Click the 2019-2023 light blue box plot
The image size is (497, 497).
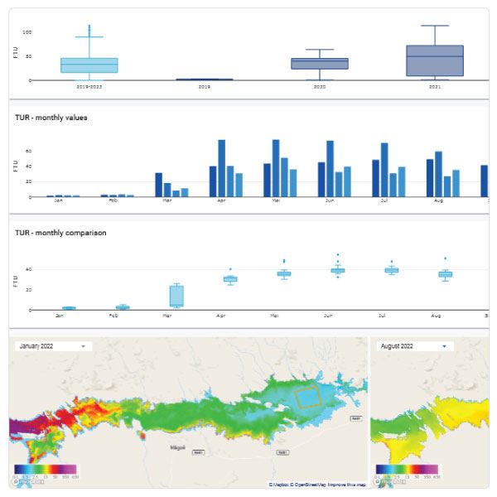point(89,65)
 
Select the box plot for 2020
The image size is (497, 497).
point(320,64)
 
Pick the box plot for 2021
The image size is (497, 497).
point(435,60)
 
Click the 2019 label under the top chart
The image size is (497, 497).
point(205,85)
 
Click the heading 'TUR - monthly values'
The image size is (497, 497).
point(51,118)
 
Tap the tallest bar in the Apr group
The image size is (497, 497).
point(222,168)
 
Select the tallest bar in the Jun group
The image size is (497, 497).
point(330,169)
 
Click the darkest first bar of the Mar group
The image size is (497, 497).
point(158,185)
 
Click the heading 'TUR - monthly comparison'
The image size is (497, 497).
point(60,233)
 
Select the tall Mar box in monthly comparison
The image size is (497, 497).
point(176,296)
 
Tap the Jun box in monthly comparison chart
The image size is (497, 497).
point(338,270)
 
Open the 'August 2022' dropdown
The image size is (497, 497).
point(413,346)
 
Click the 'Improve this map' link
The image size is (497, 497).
point(344,485)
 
